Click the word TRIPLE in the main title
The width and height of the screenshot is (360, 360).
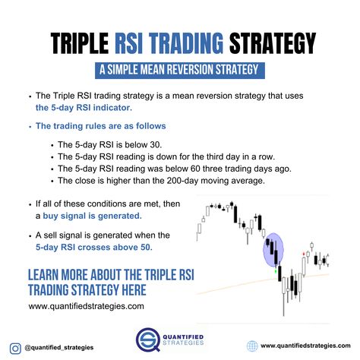click(80, 43)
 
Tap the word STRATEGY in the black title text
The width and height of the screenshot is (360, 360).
click(273, 43)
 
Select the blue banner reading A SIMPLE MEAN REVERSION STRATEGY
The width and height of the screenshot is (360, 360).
click(180, 70)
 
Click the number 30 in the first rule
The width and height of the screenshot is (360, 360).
click(155, 145)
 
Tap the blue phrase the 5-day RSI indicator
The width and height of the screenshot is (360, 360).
click(84, 108)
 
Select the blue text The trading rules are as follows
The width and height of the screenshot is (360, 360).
click(101, 126)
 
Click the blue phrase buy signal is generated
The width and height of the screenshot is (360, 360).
click(92, 216)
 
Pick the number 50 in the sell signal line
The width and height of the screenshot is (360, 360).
click(146, 247)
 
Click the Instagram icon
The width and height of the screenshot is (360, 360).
click(15, 349)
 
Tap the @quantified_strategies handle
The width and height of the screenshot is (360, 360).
click(59, 348)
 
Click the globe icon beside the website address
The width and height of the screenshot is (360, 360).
click(252, 346)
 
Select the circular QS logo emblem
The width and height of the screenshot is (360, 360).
click(148, 339)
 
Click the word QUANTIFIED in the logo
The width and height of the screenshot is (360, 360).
click(183, 337)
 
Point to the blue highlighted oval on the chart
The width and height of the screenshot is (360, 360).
click(273, 250)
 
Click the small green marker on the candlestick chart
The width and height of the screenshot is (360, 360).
click(276, 271)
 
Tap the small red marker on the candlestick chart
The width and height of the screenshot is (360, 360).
click(304, 254)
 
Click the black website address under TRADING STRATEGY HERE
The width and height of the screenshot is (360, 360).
click(86, 306)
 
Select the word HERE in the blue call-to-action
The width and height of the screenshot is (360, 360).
click(134, 290)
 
